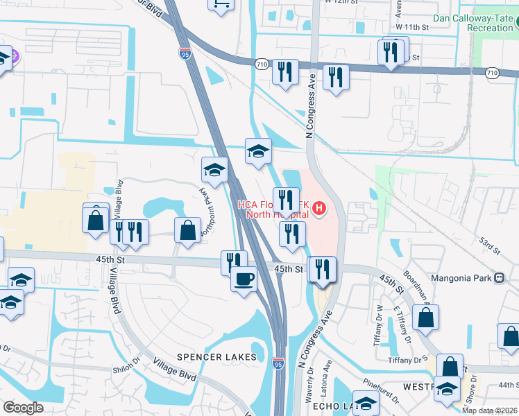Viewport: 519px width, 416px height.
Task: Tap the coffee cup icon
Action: (x=244, y=279)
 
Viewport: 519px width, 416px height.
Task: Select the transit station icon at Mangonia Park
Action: (x=499, y=278)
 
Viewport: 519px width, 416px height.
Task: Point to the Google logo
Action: (x=24, y=407)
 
